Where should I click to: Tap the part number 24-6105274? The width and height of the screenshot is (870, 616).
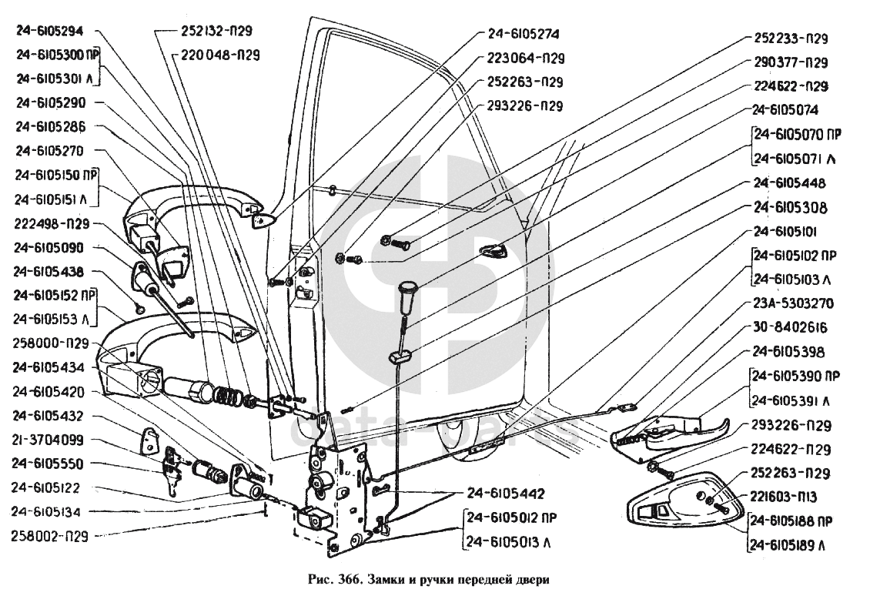click(x=523, y=34)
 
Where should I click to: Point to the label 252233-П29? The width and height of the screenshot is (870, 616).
click(x=790, y=38)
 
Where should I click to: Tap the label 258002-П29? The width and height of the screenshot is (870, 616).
click(x=51, y=534)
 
